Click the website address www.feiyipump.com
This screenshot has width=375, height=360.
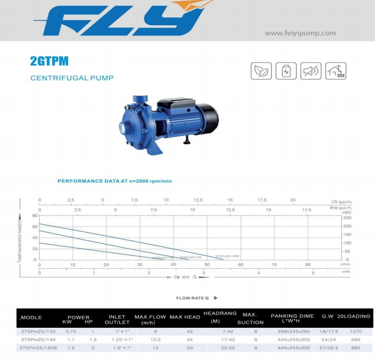pos(300,33)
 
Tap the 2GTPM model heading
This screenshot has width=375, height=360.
pos(49,62)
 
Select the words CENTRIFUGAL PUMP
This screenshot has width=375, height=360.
pos(72,78)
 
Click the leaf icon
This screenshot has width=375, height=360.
pos(261,71)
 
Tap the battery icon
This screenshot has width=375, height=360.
pos(286,71)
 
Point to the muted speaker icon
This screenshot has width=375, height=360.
pos(311,71)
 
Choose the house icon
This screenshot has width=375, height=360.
pos(336,71)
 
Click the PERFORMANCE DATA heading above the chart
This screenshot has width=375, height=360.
pos(114,181)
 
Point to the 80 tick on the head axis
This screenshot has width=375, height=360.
pos(35,215)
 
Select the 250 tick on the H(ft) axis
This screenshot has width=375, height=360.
pos(347,218)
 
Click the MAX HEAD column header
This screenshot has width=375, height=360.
pos(185,317)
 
